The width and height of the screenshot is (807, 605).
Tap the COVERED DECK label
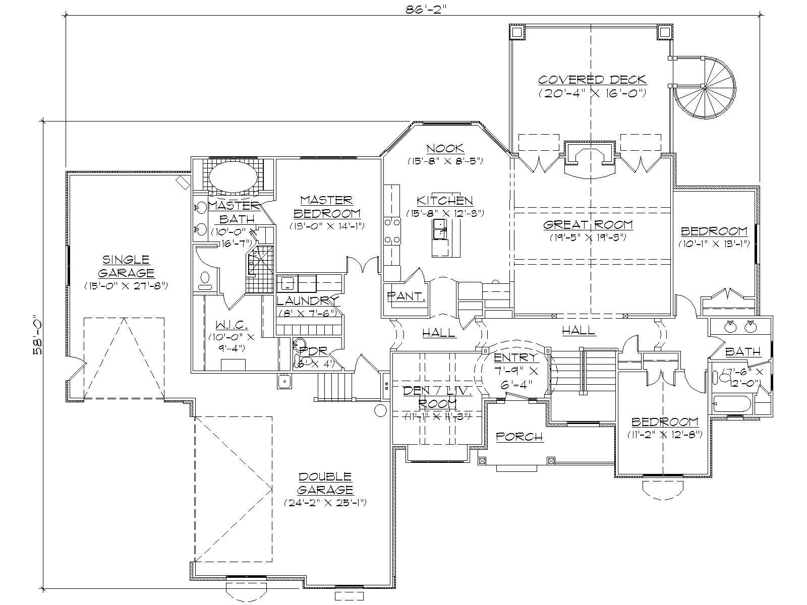click(592, 80)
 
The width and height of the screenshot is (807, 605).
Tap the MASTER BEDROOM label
click(326, 207)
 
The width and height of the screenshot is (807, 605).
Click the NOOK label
click(445, 148)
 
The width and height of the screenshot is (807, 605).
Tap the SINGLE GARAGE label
click(126, 266)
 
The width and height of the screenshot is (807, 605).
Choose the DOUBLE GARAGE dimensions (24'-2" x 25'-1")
click(325, 503)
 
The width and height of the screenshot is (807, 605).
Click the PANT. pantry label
click(407, 296)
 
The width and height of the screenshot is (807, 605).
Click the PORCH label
click(520, 437)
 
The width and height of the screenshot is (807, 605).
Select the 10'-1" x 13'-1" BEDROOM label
click(714, 231)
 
